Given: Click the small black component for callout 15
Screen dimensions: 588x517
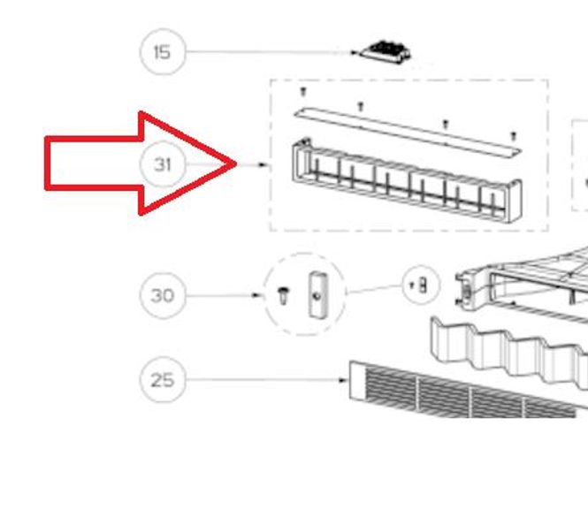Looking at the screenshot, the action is pyautogui.click(x=386, y=52).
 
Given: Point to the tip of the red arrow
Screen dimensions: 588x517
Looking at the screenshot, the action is pyautogui.click(x=236, y=163).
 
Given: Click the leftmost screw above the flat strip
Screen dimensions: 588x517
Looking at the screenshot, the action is pyautogui.click(x=304, y=92).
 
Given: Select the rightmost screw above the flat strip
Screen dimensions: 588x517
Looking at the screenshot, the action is pyautogui.click(x=514, y=136).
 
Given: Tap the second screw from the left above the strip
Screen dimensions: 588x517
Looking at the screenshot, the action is pyautogui.click(x=361, y=106).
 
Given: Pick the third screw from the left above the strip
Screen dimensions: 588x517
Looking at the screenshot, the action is pyautogui.click(x=445, y=124).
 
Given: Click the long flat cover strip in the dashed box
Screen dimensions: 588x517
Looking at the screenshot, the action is pyautogui.click(x=408, y=132).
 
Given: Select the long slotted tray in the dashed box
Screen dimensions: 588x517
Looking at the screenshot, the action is pyautogui.click(x=407, y=180).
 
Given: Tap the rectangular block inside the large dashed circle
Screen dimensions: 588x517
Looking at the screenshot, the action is pyautogui.click(x=317, y=294).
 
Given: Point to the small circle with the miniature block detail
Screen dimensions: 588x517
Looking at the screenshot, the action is pyautogui.click(x=421, y=285).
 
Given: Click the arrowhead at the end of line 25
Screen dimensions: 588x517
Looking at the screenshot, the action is pyautogui.click(x=342, y=380).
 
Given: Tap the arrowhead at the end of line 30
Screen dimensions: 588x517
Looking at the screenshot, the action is pyautogui.click(x=256, y=295).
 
